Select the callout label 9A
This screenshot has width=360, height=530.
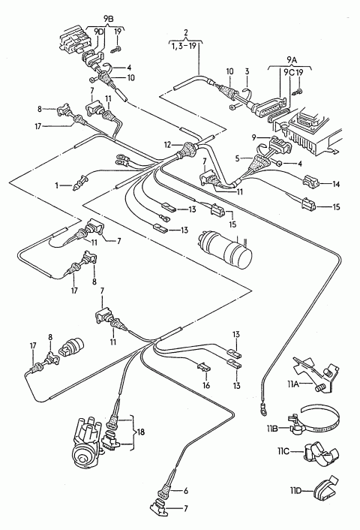click(x=292, y=60)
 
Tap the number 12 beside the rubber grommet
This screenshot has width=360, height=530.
click(x=168, y=145)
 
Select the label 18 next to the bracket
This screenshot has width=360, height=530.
click(x=140, y=432)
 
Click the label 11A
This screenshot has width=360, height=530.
click(x=294, y=384)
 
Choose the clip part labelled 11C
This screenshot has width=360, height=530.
click(x=321, y=453)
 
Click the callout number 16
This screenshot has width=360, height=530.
click(x=206, y=385)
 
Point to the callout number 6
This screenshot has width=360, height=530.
click(x=185, y=491)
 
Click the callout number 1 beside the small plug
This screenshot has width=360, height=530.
click(x=57, y=185)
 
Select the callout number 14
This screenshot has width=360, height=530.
click(x=336, y=184)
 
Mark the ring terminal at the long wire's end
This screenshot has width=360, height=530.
click(x=262, y=408)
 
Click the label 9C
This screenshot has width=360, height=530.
click(x=289, y=72)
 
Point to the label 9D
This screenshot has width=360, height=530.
click(x=99, y=32)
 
